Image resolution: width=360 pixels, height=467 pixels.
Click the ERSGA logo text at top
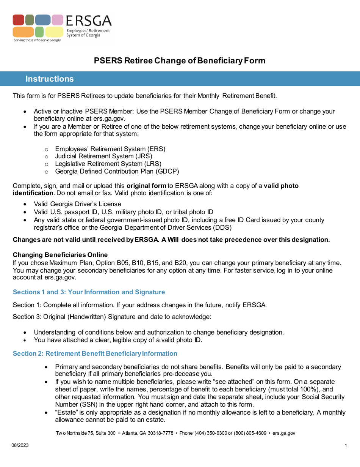89,21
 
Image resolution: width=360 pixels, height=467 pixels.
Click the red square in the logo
18,20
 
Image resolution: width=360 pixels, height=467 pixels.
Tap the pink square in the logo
57,20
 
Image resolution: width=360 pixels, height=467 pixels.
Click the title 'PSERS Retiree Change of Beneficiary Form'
180,61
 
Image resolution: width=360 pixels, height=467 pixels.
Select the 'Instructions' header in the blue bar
50,79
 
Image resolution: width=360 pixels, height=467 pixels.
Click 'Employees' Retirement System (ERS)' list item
110,149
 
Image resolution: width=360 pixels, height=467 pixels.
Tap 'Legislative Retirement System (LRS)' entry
108,164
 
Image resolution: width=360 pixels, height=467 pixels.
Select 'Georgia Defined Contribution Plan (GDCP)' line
117,171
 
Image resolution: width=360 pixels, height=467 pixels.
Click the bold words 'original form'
146,186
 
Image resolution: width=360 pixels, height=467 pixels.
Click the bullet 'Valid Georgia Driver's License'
77,204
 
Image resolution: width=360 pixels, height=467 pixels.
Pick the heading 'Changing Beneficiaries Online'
60,255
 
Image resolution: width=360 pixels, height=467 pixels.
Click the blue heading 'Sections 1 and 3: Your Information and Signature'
89,292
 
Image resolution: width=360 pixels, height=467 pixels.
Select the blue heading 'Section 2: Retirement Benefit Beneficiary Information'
95,353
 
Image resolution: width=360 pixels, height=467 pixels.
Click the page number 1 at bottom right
346,446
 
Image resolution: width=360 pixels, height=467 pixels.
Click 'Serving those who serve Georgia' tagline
37,40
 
